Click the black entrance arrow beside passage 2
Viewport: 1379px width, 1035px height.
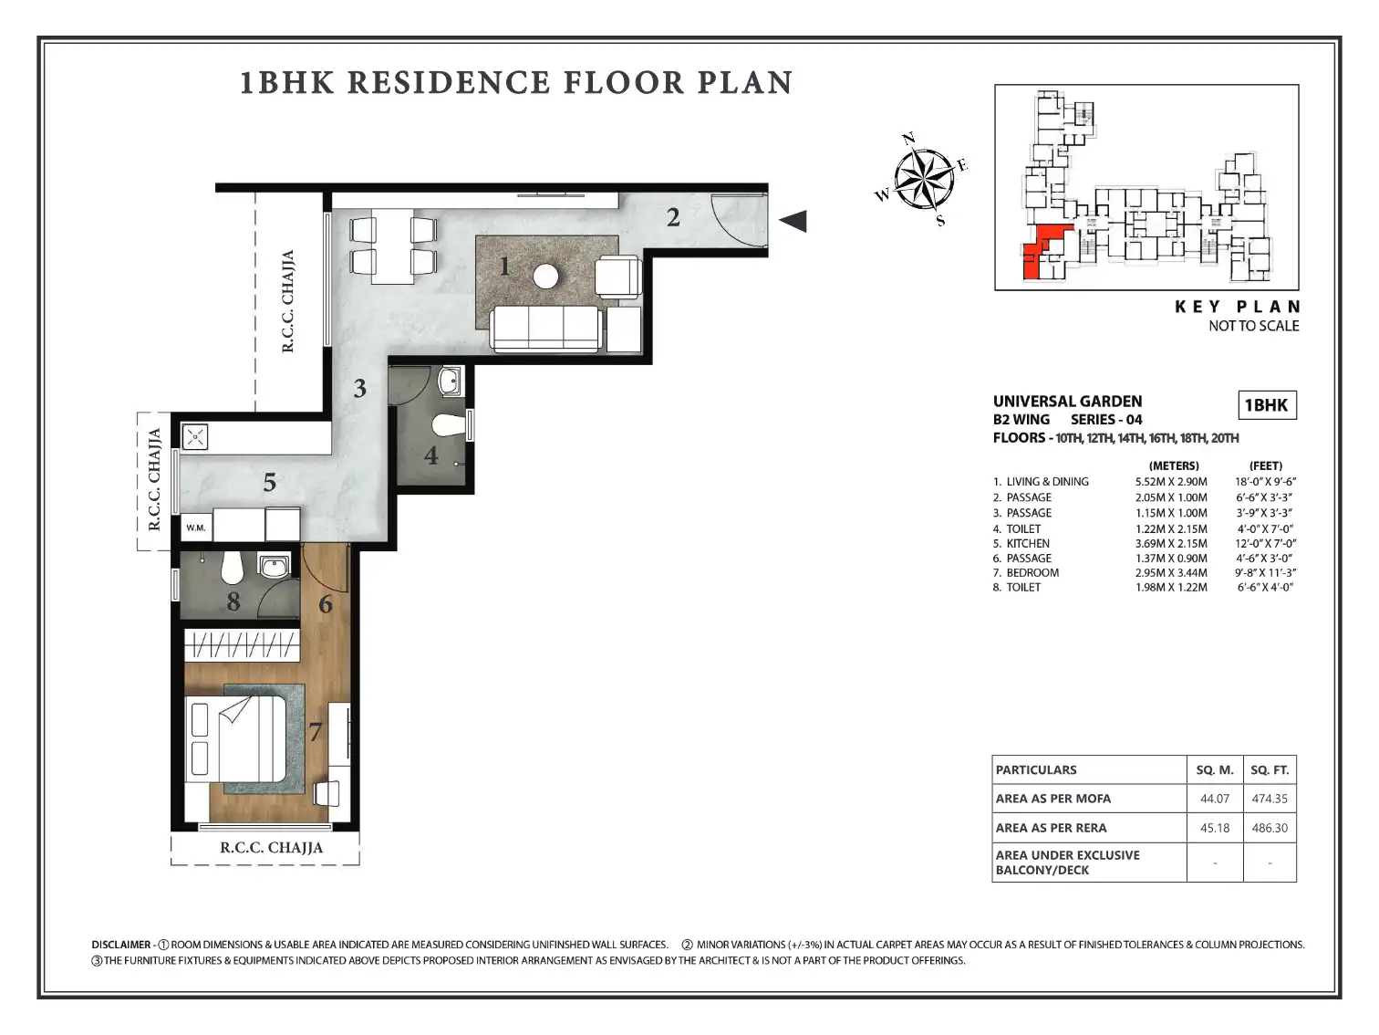793,221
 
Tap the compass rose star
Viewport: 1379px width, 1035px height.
924,179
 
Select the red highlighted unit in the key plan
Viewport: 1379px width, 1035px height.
1042,251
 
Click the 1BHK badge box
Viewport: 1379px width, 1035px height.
1267,405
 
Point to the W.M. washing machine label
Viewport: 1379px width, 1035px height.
196,528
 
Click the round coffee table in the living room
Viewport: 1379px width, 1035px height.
545,276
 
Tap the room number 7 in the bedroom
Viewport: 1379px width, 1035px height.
316,731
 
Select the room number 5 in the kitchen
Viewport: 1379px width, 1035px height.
270,483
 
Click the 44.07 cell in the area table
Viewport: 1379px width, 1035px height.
1215,798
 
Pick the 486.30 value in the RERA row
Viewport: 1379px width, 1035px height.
1270,828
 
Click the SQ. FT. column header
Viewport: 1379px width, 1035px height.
1270,769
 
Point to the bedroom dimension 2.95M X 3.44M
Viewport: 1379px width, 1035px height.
1171,572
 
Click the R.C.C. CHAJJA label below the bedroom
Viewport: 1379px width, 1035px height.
272,848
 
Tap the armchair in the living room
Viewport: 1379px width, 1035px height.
618,277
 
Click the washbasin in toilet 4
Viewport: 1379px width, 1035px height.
450,382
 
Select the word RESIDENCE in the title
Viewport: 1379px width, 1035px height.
449,83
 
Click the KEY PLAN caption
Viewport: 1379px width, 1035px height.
1237,307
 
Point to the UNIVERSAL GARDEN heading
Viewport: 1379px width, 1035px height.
1067,401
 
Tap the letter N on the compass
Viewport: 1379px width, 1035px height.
907,138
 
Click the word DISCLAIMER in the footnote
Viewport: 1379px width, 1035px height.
121,945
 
